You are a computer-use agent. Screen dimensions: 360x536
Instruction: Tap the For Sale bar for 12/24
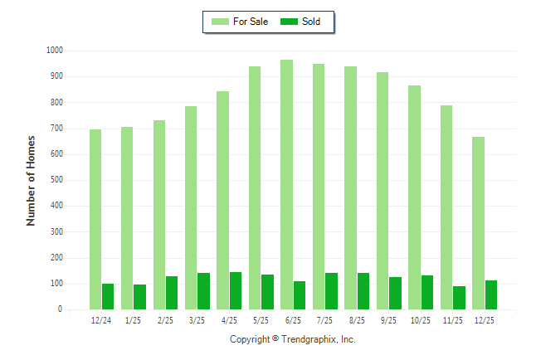click(95, 219)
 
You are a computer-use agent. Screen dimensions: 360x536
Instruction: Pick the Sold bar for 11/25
click(459, 298)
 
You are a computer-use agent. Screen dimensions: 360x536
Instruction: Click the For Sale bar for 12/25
click(478, 223)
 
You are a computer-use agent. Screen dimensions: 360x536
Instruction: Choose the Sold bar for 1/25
click(139, 297)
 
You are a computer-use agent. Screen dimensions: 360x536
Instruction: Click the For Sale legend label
click(251, 22)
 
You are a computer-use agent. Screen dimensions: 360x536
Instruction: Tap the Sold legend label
click(312, 22)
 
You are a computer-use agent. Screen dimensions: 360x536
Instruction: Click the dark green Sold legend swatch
click(290, 22)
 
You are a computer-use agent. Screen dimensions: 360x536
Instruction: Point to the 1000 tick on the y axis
click(55, 51)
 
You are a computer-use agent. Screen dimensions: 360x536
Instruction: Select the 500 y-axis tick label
click(56, 180)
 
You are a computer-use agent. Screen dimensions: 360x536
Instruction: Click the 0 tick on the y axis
click(60, 309)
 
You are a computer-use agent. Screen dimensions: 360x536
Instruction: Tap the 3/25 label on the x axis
click(197, 320)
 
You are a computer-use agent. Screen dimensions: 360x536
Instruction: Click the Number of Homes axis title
click(32, 180)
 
